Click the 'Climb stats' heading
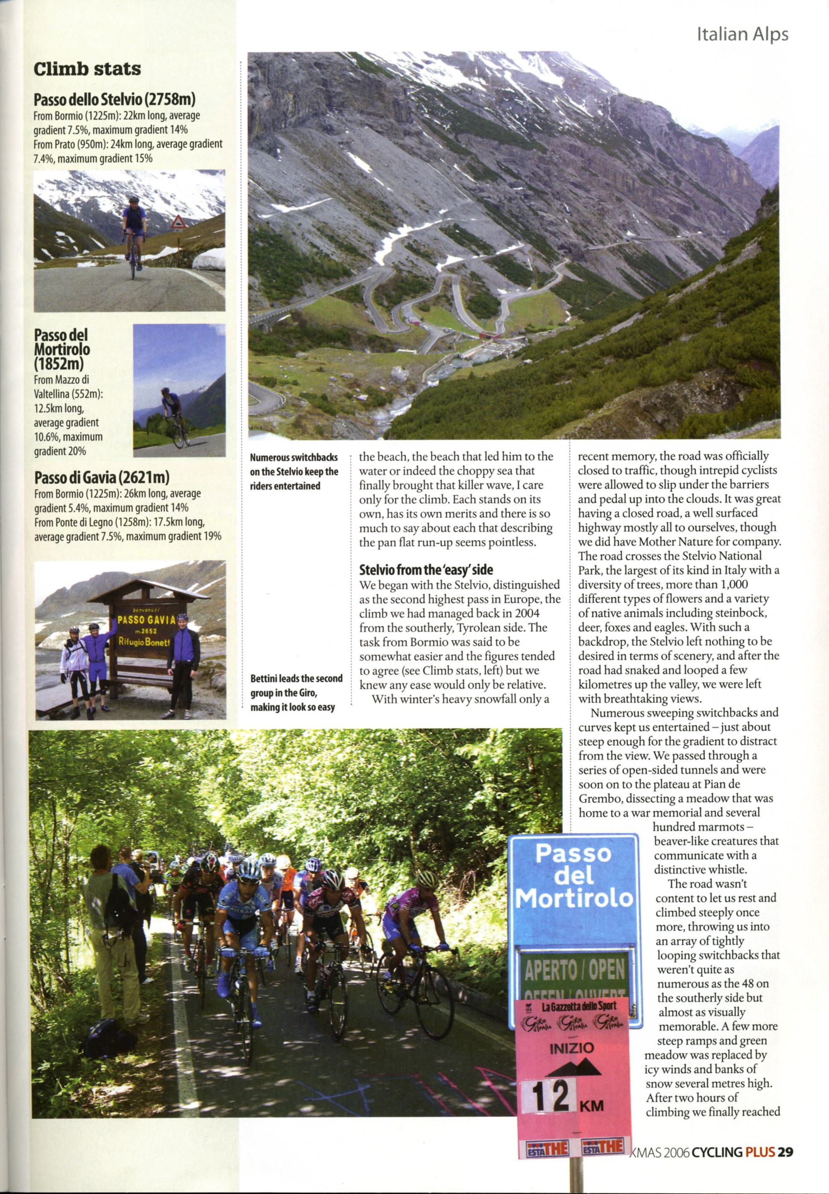click(x=87, y=69)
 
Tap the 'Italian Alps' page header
click(x=742, y=34)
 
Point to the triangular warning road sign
click(x=178, y=223)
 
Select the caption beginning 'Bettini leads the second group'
click(x=296, y=692)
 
